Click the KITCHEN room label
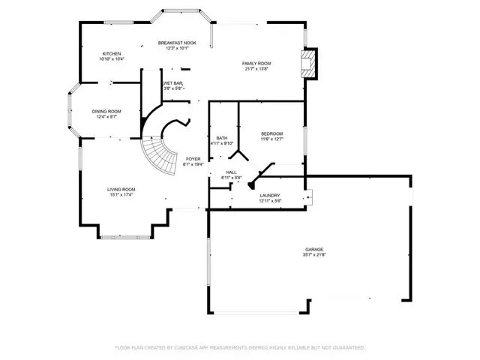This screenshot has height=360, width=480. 112,54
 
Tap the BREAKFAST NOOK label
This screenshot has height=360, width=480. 176,43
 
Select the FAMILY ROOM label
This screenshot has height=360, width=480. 256,63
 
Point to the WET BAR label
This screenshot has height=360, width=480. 172,83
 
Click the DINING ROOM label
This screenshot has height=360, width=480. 106,112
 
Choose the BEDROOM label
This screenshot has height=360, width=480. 271,133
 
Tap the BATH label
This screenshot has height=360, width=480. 222,138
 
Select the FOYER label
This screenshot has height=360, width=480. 193,159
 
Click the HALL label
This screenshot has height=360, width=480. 232,172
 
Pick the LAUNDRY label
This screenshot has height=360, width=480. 270,195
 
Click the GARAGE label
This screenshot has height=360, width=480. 314,249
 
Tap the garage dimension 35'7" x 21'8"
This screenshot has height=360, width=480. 314,254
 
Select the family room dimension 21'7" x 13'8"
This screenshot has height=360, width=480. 256,68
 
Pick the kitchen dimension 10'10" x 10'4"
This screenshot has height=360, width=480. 112,59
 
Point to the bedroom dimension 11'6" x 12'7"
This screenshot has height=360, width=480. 271,139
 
